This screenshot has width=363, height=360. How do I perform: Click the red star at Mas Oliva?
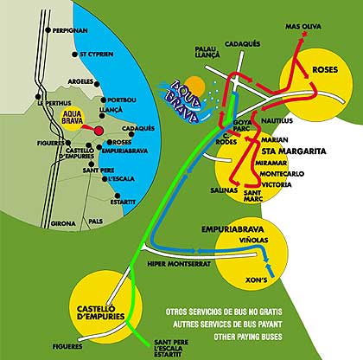tap(304, 35)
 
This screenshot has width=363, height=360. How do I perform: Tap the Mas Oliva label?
tap(303, 27)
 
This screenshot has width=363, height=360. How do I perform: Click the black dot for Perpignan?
tap(48, 30)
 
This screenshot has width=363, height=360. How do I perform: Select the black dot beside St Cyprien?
tap(74, 55)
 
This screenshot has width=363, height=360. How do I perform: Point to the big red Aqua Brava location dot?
tap(99, 131)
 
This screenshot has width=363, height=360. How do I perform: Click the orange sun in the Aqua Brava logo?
tap(195, 87)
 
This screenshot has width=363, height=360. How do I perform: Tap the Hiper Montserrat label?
tap(179, 264)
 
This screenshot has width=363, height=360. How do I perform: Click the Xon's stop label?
tap(257, 280)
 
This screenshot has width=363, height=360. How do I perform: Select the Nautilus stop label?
tap(277, 120)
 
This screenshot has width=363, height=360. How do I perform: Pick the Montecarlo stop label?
tap(282, 174)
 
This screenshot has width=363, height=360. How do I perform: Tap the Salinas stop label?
tap(224, 190)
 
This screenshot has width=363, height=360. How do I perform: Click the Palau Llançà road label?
tap(207, 52)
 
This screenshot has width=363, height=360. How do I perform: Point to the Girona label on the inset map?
tap(63, 223)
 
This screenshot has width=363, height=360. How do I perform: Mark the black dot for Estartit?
tap(118, 196)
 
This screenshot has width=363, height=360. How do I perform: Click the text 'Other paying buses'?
tap(248, 337)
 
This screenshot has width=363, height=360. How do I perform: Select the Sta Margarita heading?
tap(294, 151)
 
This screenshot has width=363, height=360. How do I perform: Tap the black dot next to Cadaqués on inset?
tap(131, 134)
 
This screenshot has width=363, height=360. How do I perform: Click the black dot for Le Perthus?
tap(38, 97)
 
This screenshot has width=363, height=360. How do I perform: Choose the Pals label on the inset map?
tap(96, 222)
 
